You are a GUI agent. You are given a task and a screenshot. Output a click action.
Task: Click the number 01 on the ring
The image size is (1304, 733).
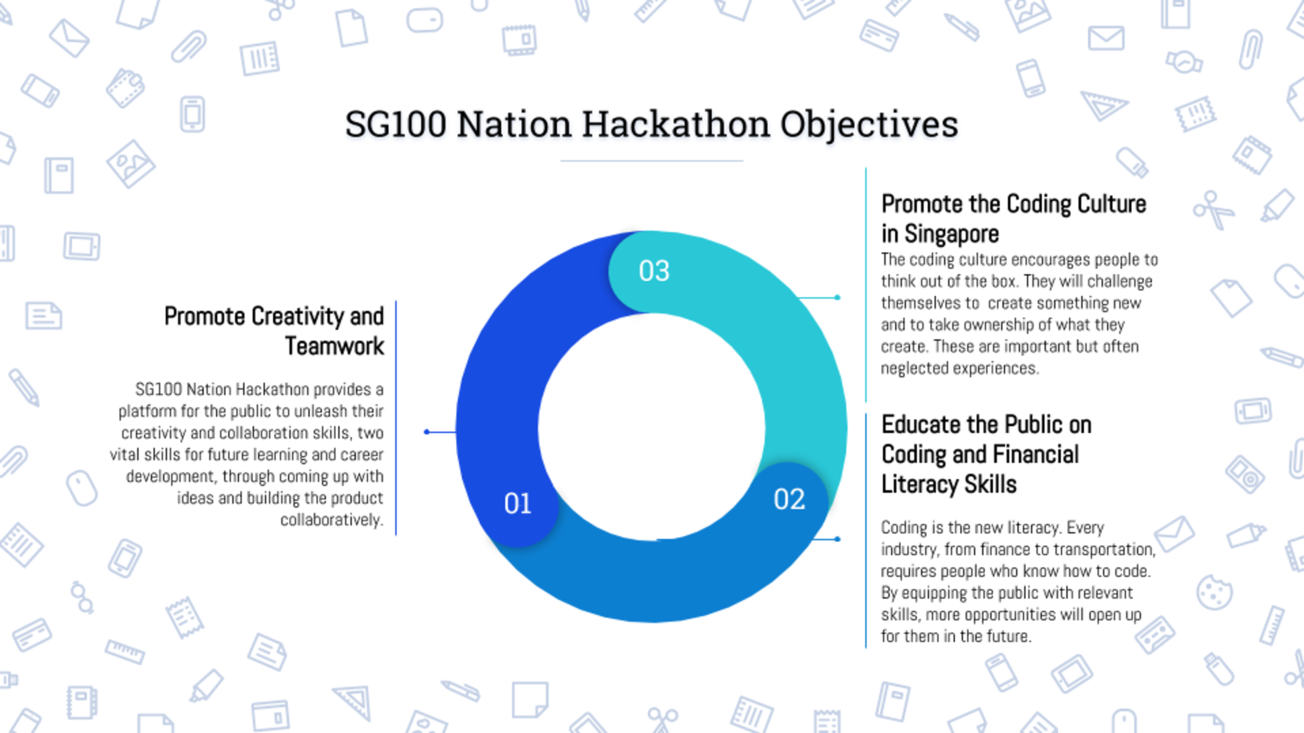point(518,504)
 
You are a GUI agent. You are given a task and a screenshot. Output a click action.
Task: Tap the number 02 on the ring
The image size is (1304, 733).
point(789,500)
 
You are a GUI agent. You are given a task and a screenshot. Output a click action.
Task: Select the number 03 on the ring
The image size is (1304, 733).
point(654,271)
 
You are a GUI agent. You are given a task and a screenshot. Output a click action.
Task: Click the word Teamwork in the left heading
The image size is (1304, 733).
point(334,346)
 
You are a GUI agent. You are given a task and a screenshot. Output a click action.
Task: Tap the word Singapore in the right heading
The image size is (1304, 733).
point(952,234)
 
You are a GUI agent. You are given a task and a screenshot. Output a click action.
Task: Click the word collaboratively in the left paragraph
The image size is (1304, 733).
point(332,520)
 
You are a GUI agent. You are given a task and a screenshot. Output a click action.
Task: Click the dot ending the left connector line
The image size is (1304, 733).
point(427,432)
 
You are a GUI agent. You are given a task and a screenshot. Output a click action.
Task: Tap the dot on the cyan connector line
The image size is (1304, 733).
point(837,297)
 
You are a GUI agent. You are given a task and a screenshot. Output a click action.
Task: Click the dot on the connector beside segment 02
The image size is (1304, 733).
point(837,539)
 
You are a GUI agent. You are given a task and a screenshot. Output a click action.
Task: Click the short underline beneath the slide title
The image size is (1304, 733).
point(651,161)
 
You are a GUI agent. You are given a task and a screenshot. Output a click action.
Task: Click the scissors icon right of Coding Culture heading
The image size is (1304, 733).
point(1213,210)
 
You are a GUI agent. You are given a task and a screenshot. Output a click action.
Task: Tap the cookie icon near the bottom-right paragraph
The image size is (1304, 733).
point(1214,593)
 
